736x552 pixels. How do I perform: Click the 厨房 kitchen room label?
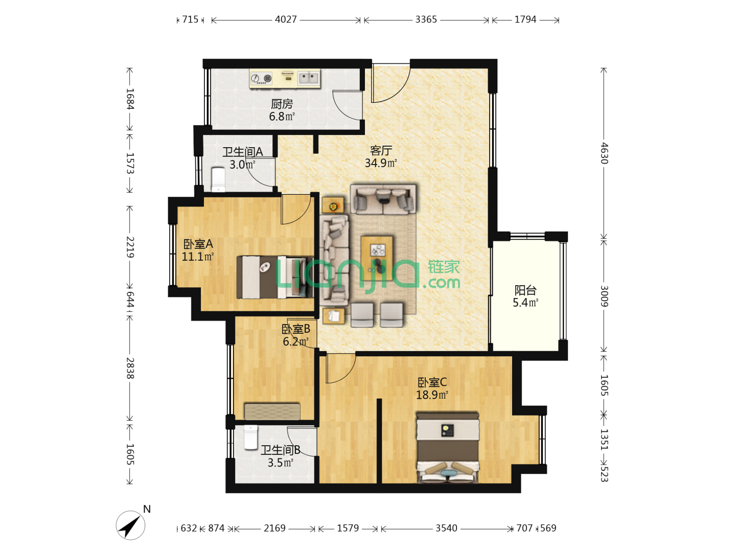click(281, 104)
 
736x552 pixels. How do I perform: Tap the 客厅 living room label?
click(381, 150)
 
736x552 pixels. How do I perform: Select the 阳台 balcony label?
click(525, 290)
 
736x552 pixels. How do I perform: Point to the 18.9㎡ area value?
click(432, 395)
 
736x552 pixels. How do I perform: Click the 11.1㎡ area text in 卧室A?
click(197, 257)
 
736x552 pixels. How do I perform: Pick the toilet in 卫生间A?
click(218, 179)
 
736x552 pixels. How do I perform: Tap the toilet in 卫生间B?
click(250, 437)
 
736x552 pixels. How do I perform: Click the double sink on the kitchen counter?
click(309, 78)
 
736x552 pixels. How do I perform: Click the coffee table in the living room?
click(377, 259)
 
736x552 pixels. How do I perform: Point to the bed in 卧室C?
click(447, 447)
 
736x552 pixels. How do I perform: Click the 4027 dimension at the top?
click(286, 19)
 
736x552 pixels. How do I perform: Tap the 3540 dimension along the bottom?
click(446, 528)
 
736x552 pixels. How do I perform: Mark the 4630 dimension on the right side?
click(604, 153)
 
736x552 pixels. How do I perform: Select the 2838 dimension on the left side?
click(130, 368)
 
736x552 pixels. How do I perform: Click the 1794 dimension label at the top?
click(525, 19)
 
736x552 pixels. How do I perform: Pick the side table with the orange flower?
click(333, 205)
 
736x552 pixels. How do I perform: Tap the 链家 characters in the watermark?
click(444, 267)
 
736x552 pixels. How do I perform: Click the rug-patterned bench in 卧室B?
click(272, 411)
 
